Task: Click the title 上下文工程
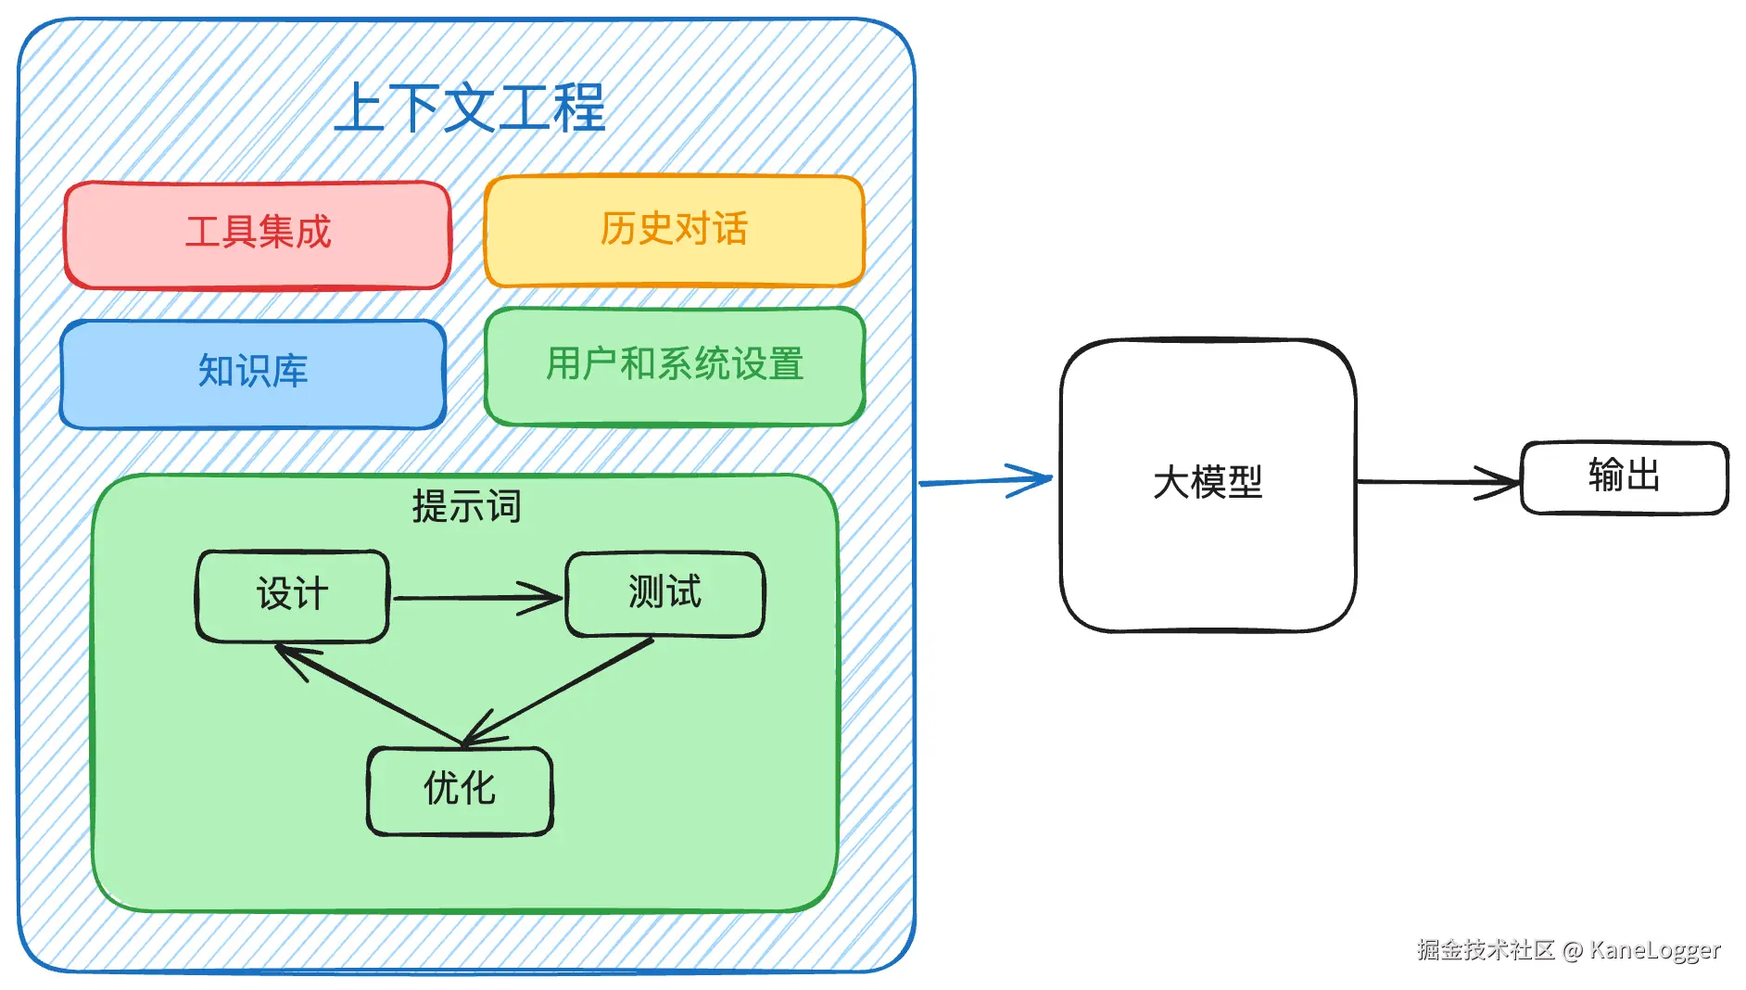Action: (469, 108)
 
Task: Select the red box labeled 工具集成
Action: (258, 235)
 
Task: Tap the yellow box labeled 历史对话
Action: (675, 231)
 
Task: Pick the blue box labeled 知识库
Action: (253, 374)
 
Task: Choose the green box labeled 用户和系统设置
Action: (675, 366)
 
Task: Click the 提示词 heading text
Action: (467, 506)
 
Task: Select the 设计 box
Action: (292, 596)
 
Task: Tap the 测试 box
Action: (665, 594)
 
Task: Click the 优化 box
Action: (460, 791)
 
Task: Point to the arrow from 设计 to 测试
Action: (477, 598)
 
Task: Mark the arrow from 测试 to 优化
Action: (558, 691)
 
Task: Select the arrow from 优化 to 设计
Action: (369, 694)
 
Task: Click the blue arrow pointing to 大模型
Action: (985, 480)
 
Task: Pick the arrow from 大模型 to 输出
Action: (1438, 482)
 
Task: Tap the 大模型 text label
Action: (1208, 483)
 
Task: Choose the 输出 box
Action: (1625, 477)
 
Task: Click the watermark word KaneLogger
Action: (1655, 950)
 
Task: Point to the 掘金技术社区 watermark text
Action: (1486, 950)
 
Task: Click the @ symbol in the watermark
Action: (1573, 951)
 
